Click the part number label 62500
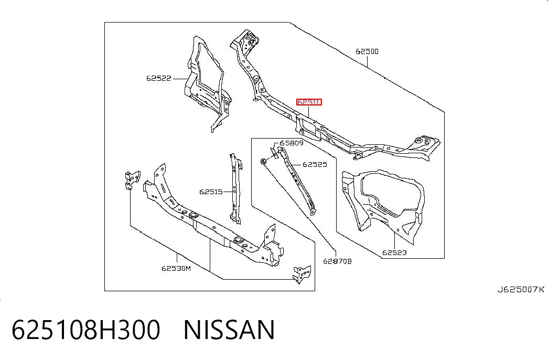click(367, 51)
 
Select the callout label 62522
click(159, 78)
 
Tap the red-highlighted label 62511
click(309, 102)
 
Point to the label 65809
click(292, 143)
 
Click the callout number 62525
click(315, 164)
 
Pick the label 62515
click(211, 192)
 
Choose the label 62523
click(394, 252)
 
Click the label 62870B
click(337, 261)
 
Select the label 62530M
click(176, 268)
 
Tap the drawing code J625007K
click(521, 289)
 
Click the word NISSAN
click(229, 330)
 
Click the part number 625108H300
click(86, 330)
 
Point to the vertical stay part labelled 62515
click(235, 188)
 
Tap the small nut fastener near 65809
click(263, 161)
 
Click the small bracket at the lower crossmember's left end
click(132, 179)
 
